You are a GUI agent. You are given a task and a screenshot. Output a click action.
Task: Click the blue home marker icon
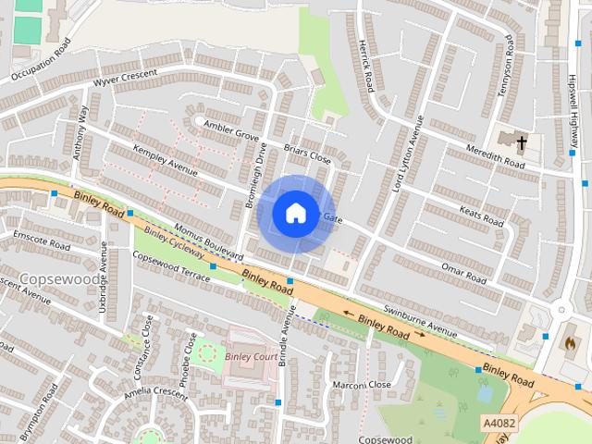pyautogui.click(x=295, y=214)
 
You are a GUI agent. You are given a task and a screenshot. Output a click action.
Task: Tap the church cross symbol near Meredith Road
pyautogui.click(x=522, y=142)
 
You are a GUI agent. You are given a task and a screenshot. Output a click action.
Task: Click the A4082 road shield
pyautogui.click(x=499, y=422)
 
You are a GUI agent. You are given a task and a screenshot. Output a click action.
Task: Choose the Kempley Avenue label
pyautogui.click(x=166, y=159)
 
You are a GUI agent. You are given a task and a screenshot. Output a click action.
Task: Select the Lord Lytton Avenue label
pyautogui.click(x=407, y=153)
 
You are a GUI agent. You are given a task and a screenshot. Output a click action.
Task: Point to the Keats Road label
pyautogui.click(x=481, y=216)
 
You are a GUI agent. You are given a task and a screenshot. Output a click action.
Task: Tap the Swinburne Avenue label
pyautogui.click(x=420, y=322)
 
